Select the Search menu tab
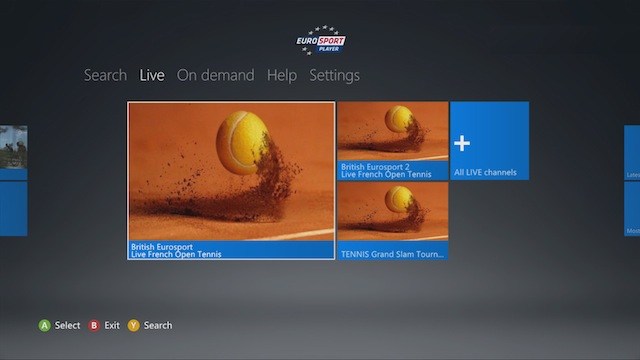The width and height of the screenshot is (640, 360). [x=105, y=75]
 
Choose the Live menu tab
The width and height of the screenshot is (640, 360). [x=152, y=75]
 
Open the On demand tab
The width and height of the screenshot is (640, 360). [x=215, y=75]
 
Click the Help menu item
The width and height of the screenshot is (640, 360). [x=282, y=75]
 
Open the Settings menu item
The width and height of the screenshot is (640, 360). [x=334, y=75]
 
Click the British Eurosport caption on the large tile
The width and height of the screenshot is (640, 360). [x=176, y=250]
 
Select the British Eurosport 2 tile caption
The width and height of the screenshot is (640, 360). [x=386, y=171]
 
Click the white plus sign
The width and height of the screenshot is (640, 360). [x=462, y=143]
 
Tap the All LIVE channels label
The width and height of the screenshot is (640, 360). [x=485, y=173]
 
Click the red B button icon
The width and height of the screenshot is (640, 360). [x=95, y=325]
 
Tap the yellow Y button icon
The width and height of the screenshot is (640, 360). [x=134, y=325]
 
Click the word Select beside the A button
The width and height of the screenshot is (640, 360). [x=67, y=325]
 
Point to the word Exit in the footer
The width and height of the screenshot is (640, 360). [x=112, y=325]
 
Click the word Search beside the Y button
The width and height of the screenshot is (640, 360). [x=158, y=325]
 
